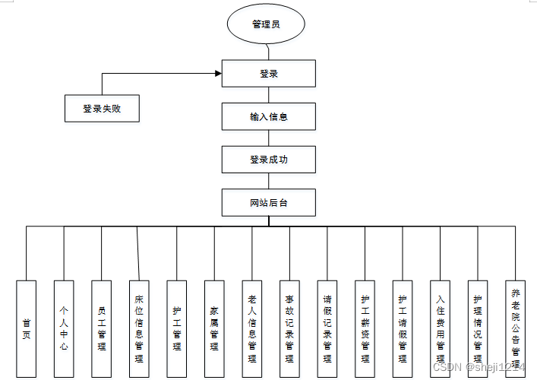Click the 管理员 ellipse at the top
pos(266,24)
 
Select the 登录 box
pos(268,74)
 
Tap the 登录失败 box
pos(103,109)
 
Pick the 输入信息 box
pos(268,117)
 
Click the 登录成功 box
pos(268,160)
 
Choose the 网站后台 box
pos(268,203)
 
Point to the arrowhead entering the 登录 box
pos(218,74)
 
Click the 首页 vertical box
pos(27,329)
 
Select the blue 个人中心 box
pos(64,329)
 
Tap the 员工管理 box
pos(102,329)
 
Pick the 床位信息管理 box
pos(139,329)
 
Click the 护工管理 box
pos(177,329)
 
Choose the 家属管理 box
pos(214,329)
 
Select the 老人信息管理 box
pos(252,329)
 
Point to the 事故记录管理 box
pos(289,329)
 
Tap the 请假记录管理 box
pos(327,329)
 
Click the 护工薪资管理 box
pos(365,329)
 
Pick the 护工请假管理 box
pos(403,329)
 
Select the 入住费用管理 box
pos(440,329)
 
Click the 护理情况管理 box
pos(478,329)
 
